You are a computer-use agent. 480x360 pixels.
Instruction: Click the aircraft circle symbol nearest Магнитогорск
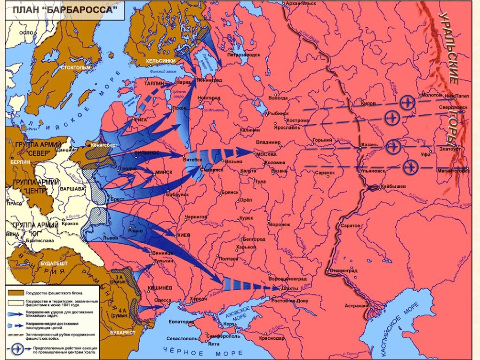click(x=410, y=166)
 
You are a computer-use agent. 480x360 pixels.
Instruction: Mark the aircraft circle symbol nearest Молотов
click(x=407, y=101)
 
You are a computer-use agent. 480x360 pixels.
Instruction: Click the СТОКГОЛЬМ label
click(x=75, y=67)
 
